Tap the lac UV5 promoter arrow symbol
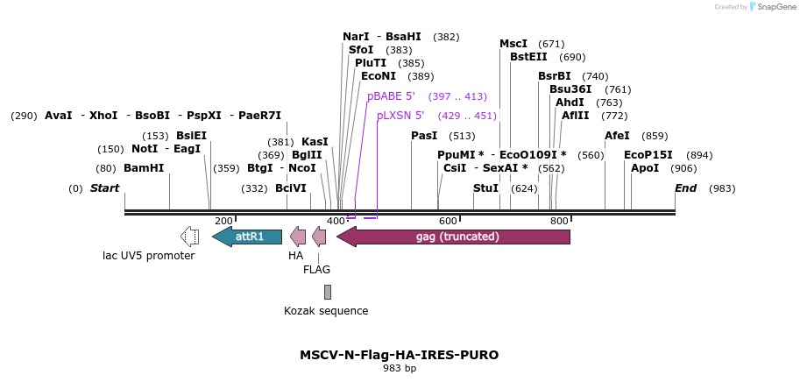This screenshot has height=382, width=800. (x=189, y=237)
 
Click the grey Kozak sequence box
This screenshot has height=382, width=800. (x=328, y=292)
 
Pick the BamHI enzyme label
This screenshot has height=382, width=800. (x=144, y=168)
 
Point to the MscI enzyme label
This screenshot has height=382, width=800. (x=513, y=44)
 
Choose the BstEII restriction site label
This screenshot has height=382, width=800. (x=528, y=57)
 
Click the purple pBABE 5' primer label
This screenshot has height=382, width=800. (x=391, y=96)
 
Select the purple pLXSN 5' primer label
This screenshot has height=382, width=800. (x=400, y=116)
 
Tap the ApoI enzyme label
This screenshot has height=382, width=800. (x=645, y=168)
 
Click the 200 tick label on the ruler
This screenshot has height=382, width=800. (x=223, y=222)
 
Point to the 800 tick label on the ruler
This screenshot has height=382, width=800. (x=559, y=222)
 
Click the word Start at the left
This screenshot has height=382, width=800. (x=104, y=188)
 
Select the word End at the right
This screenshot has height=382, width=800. (x=685, y=188)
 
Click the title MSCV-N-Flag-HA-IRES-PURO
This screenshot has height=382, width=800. (x=400, y=355)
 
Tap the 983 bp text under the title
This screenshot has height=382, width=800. (x=400, y=369)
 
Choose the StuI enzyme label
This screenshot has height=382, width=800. (x=485, y=188)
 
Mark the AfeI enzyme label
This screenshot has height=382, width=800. (x=617, y=136)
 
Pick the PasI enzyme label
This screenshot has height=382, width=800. (x=424, y=136)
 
